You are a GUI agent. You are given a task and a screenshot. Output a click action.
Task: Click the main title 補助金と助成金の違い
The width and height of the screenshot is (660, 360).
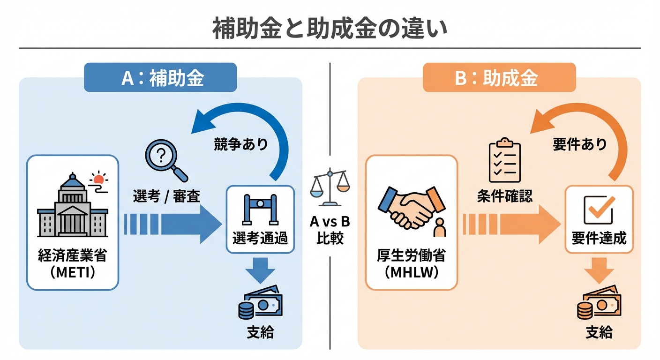pyautogui.click(x=330, y=29)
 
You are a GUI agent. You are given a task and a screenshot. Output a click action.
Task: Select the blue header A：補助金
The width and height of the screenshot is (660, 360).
pyautogui.click(x=160, y=78)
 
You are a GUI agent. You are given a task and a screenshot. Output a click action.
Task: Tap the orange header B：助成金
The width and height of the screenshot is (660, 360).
pyautogui.click(x=499, y=78)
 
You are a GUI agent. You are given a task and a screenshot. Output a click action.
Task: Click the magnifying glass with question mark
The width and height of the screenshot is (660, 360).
pyautogui.click(x=165, y=160)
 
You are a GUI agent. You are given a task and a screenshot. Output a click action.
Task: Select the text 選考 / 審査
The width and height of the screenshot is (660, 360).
pyautogui.click(x=166, y=197)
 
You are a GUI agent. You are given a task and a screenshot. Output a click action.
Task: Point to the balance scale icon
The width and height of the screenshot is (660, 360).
pyautogui.click(x=330, y=188)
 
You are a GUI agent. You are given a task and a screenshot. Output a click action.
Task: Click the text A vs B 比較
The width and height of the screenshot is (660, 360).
pyautogui.click(x=330, y=230)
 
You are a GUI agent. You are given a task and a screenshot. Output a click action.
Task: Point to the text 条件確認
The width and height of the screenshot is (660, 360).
pyautogui.click(x=505, y=196)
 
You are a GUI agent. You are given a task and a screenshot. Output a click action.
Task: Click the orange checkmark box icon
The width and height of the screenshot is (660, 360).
pyautogui.click(x=599, y=210)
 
